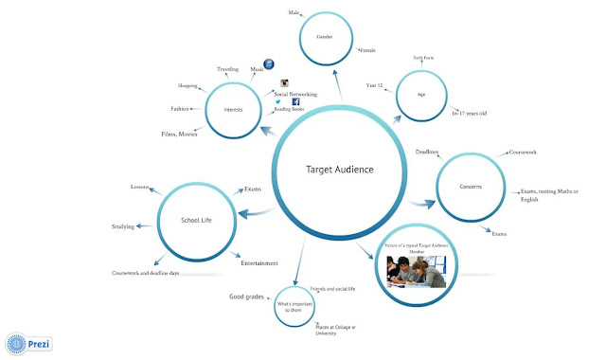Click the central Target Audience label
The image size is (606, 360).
tap(340, 170)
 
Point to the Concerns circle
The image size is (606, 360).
tap(472, 187)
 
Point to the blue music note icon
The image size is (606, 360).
tap(270, 63)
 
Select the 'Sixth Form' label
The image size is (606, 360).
tap(423, 58)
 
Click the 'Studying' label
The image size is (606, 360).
tap(123, 227)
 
